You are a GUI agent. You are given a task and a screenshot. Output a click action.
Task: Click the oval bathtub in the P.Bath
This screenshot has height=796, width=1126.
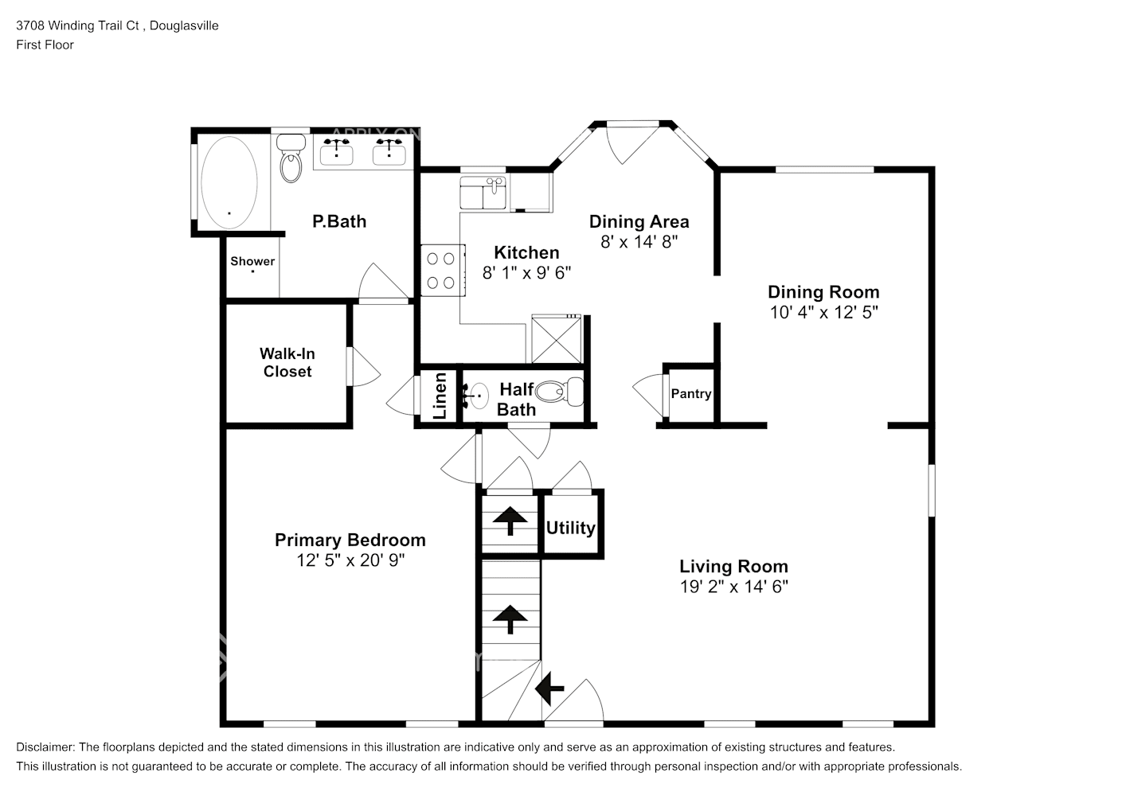pos(229,182)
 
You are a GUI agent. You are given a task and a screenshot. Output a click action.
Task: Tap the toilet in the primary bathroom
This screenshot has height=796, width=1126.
pos(291,158)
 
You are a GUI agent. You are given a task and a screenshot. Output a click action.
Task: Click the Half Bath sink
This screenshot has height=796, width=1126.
pos(477,396)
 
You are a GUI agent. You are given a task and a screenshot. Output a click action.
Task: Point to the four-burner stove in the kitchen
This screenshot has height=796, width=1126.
pos(443,271)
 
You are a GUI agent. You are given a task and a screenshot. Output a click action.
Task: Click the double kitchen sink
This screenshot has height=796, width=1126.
pos(483,193)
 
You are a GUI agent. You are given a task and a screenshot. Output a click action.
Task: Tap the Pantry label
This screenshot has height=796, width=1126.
pos(691,394)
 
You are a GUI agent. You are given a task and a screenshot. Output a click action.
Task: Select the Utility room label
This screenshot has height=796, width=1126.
pos(570,528)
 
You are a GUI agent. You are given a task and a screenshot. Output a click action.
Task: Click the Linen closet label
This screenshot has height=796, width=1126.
pos(440,396)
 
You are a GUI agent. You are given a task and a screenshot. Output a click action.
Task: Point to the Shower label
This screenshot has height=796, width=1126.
pos(252,261)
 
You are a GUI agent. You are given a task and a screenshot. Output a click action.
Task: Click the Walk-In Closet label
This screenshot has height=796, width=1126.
pos(287,362)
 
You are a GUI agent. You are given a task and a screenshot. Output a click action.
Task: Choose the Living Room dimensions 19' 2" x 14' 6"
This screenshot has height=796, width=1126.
pos(734,587)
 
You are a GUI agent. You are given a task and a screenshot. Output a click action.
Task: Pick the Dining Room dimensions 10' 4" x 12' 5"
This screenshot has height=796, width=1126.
pos(824,312)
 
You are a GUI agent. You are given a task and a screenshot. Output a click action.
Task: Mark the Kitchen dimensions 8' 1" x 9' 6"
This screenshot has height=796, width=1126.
pos(526,273)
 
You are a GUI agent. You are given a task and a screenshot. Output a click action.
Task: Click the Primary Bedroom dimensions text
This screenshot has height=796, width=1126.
pos(350,560)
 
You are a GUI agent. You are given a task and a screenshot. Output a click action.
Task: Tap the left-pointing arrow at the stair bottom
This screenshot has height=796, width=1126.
pos(549,689)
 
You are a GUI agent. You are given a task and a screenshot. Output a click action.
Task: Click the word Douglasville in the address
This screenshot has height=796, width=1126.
pos(184,25)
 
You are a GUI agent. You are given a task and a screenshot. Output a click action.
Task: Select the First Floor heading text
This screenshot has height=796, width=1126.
pos(45,45)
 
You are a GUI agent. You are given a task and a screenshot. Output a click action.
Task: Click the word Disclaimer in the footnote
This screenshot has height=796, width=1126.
pos(45,747)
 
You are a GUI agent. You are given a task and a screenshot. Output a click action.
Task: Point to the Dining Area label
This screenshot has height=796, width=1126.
pos(639,221)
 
